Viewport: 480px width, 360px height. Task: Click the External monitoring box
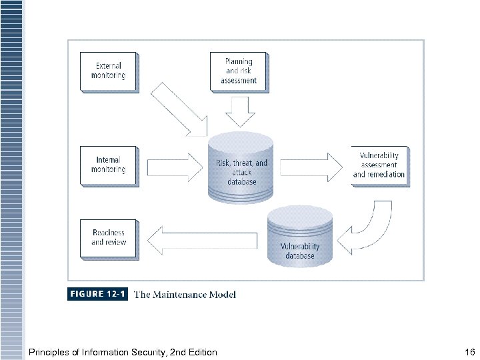109,71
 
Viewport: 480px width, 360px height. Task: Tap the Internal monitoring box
109,165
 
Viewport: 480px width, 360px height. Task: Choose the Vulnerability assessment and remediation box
379,165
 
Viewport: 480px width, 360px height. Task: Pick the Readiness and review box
109,237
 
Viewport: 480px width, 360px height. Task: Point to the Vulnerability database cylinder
300,237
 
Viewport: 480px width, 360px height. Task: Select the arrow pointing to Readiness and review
200,239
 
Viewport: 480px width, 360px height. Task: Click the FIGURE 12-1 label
97,294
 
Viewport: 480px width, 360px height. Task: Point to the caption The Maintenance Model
185,294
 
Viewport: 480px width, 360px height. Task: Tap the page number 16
469,352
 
